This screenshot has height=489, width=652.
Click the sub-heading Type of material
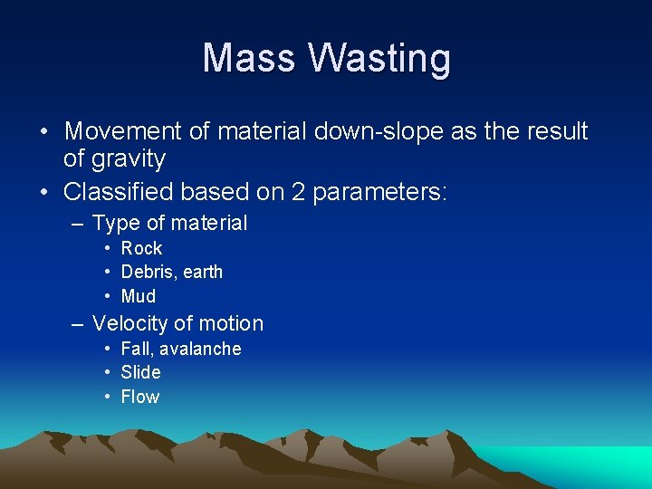click(169, 223)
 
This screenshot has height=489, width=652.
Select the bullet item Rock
click(141, 248)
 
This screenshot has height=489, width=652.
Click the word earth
click(201, 272)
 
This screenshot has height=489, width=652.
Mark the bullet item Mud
click(139, 296)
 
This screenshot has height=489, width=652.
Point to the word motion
click(231, 323)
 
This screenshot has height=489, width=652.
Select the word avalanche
click(200, 349)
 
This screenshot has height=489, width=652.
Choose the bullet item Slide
click(140, 372)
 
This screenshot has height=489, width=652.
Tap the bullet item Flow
click(139, 397)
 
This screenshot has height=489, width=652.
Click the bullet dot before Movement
click(44, 132)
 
